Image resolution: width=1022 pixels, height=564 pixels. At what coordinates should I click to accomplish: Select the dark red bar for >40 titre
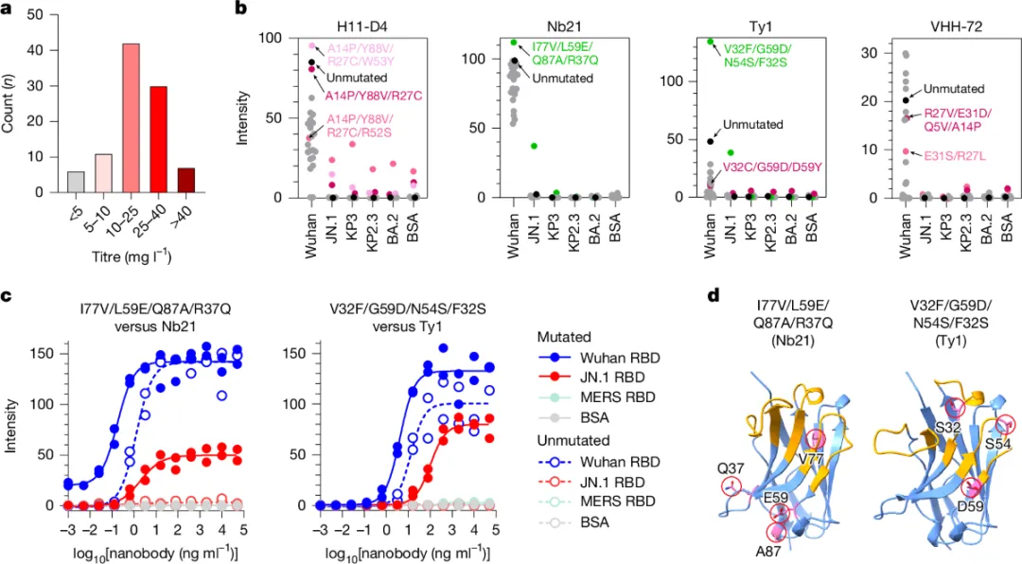click(x=186, y=181)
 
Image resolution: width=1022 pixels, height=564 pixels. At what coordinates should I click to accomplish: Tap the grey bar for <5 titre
click(x=49, y=183)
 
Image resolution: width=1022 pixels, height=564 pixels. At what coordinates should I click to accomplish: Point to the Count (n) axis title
click(x=9, y=104)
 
